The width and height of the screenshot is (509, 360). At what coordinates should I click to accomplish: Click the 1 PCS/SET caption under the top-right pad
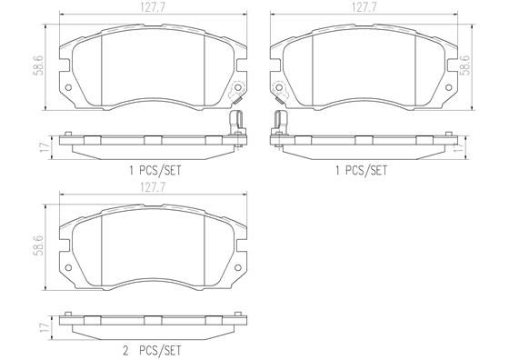click(362, 168)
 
